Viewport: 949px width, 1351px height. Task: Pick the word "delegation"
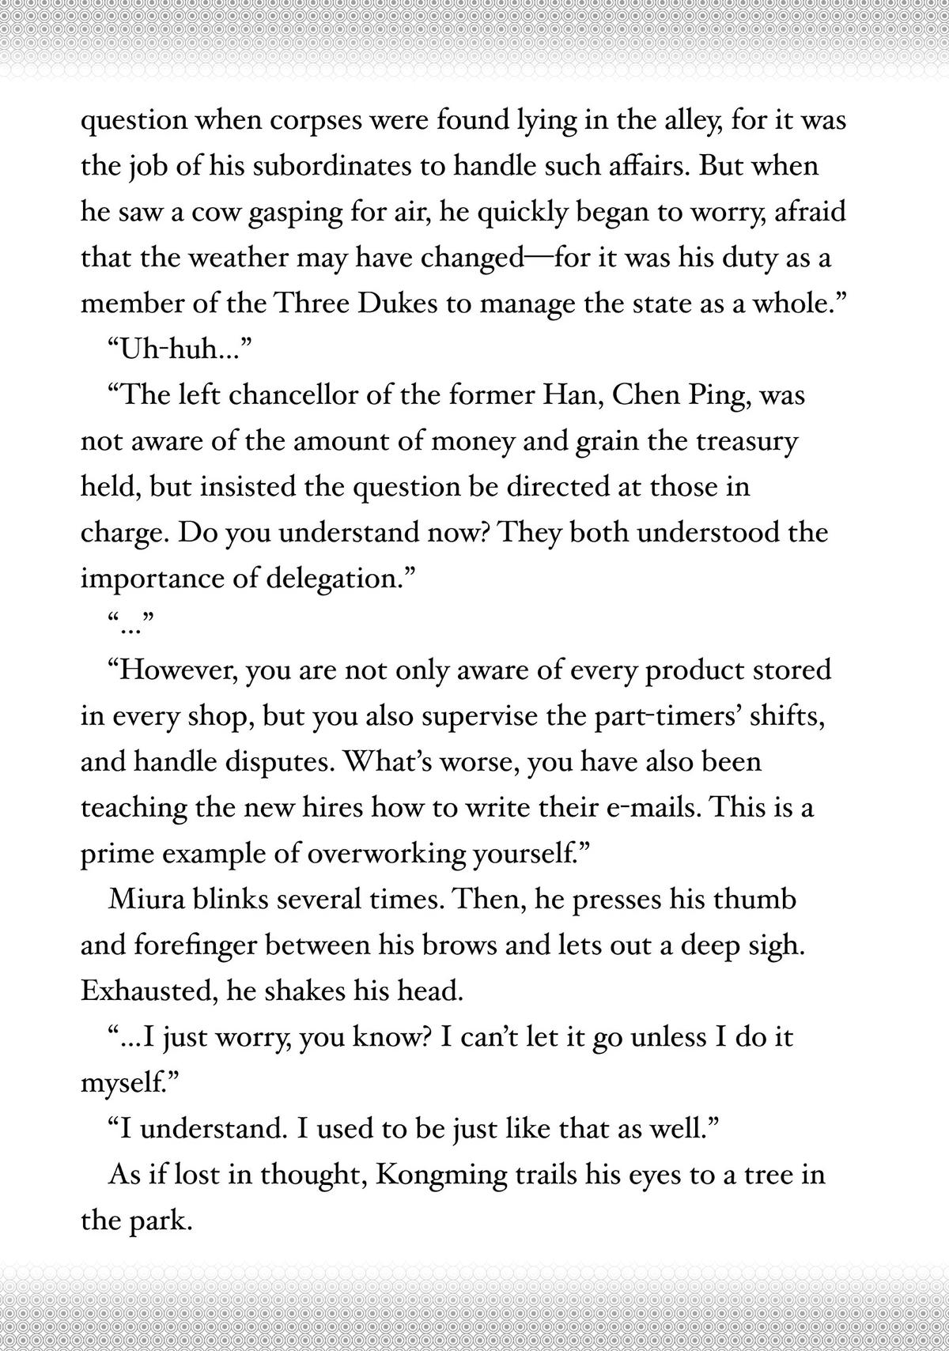(x=341, y=578)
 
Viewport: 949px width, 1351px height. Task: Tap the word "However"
(x=177, y=670)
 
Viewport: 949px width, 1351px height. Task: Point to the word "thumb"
(x=754, y=900)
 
